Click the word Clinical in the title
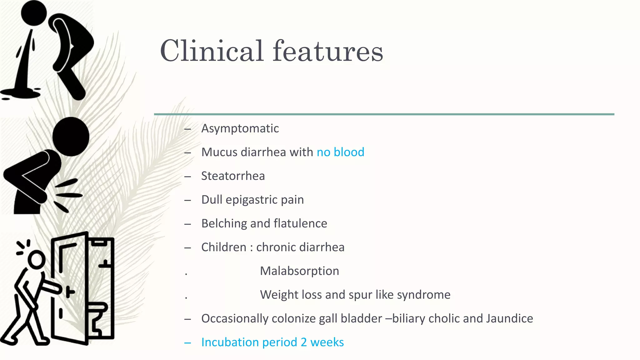(212, 51)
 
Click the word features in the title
(328, 51)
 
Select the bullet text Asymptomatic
(240, 128)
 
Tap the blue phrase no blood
(340, 152)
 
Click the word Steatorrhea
(233, 176)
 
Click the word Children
(224, 247)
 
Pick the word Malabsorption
(299, 271)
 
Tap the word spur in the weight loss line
(360, 295)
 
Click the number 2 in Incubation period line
(304, 342)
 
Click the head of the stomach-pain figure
(71, 137)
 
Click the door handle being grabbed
(69, 292)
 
